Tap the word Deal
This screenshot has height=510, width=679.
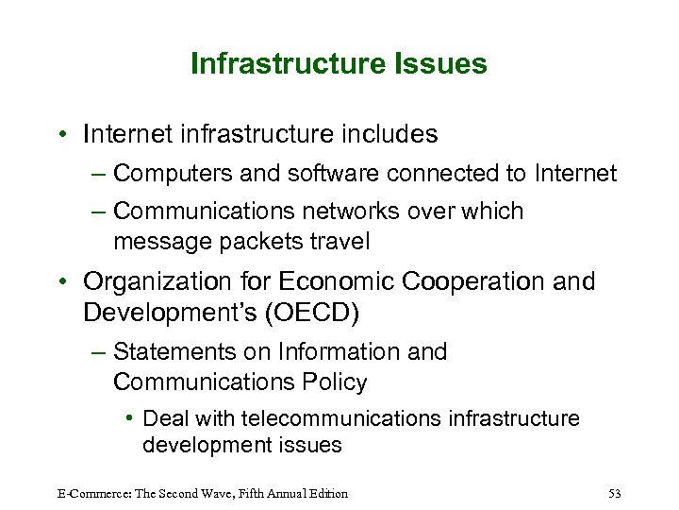[166, 418]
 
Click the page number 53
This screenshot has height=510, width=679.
[614, 493]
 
